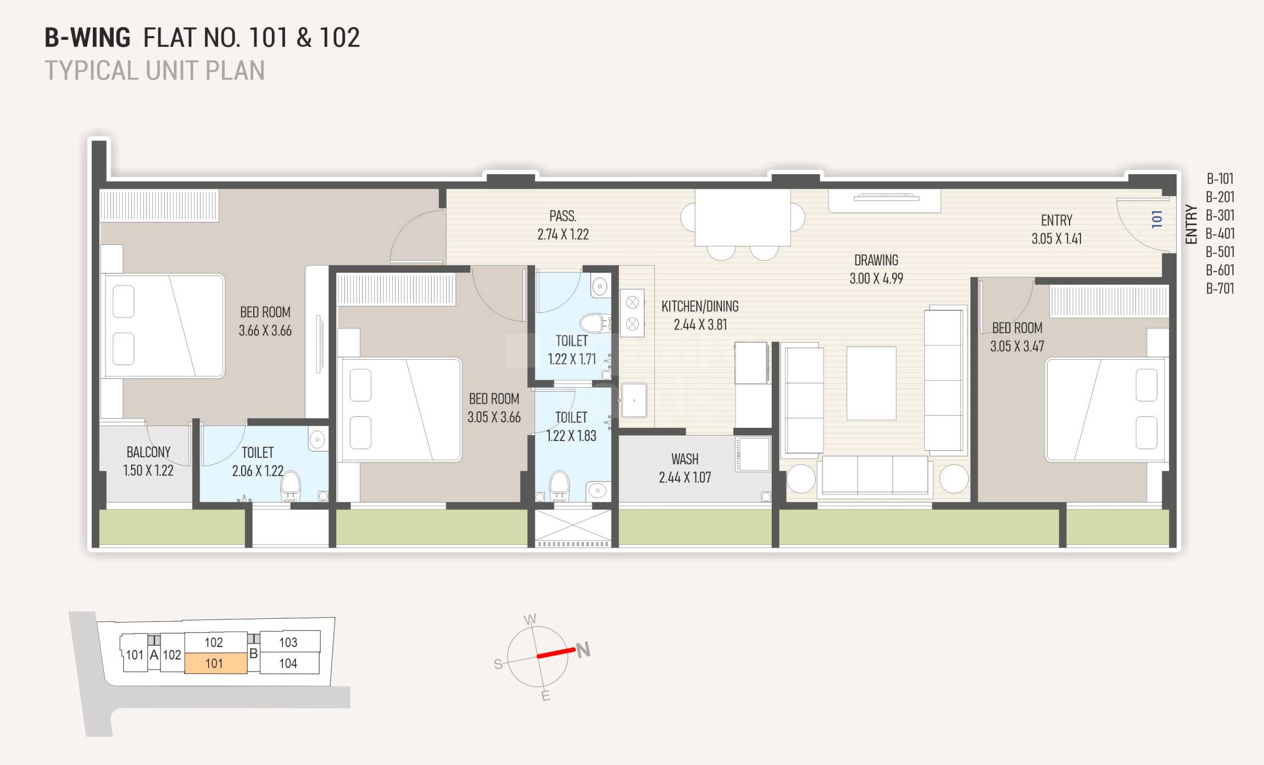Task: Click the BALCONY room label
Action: pos(148,452)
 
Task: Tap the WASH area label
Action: pos(684,459)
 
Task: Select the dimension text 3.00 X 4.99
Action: pos(876,278)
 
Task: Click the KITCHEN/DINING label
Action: pos(700,306)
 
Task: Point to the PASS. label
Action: pos(563,216)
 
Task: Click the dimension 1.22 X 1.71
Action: pos(571,359)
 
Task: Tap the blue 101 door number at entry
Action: pos(1157,219)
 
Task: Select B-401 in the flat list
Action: pos(1220,234)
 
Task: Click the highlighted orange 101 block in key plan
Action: pos(215,663)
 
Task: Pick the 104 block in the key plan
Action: pos(288,663)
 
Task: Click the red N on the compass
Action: pos(583,650)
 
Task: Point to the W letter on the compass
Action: pos(530,620)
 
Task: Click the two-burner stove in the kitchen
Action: pos(632,313)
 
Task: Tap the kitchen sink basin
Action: pos(634,400)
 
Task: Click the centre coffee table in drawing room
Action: pos(871,383)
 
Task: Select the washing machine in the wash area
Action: pos(753,454)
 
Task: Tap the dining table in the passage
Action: pos(742,218)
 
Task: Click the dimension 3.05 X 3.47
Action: pos(1017,347)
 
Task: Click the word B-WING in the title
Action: pos(87,38)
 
